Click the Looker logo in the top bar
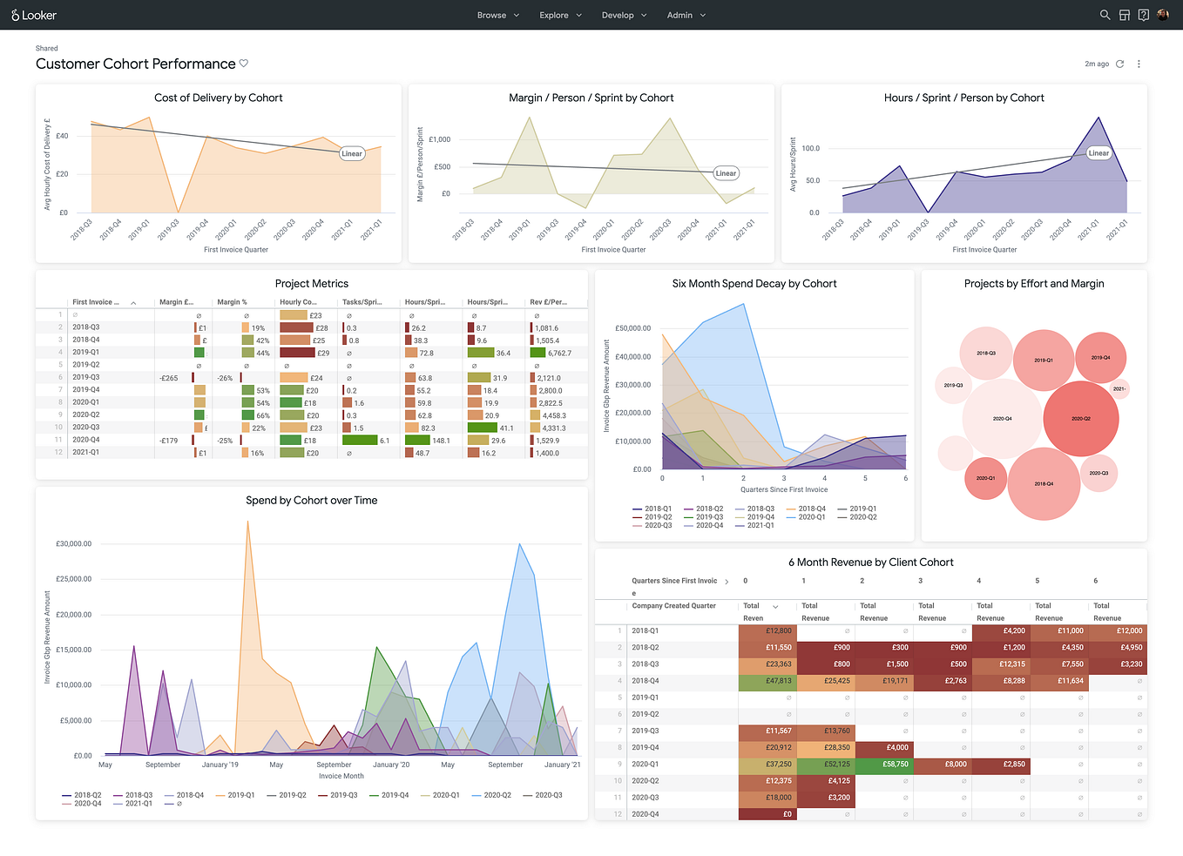pos(34,15)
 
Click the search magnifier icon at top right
pos(1105,15)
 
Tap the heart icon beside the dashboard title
pos(244,64)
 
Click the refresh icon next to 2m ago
pos(1120,64)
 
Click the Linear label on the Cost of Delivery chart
pos(352,153)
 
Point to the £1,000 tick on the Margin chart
pos(440,139)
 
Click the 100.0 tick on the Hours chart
pos(811,149)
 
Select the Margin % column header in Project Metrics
pos(232,302)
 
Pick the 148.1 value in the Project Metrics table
pos(441,441)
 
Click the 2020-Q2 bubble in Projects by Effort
pos(1080,419)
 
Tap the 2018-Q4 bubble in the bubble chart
pos(1044,483)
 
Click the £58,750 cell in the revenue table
pos(895,764)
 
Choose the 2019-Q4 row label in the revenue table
pos(646,747)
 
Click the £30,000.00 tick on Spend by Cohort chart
pos(74,543)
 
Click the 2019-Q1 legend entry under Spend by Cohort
pos(240,795)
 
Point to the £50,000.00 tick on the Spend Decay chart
pos(633,328)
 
